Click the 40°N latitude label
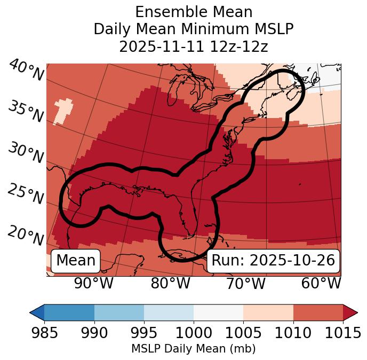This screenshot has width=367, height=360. (26, 71)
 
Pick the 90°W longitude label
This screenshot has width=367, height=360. (93, 283)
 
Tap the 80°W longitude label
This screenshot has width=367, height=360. (170, 283)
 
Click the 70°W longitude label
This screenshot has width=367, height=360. (245, 283)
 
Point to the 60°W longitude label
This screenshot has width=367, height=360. (321, 283)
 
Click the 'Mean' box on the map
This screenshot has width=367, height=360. (76, 261)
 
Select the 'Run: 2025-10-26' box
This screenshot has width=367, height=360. (273, 261)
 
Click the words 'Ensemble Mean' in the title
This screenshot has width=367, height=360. (194, 12)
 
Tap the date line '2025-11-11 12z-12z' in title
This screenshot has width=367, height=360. (194, 46)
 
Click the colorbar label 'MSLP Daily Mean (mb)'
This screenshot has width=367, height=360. (194, 349)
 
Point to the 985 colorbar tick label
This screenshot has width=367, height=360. (44, 333)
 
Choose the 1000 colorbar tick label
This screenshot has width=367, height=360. (194, 333)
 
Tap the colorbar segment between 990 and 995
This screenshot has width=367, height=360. (119, 312)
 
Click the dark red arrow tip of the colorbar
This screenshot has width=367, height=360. (351, 312)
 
